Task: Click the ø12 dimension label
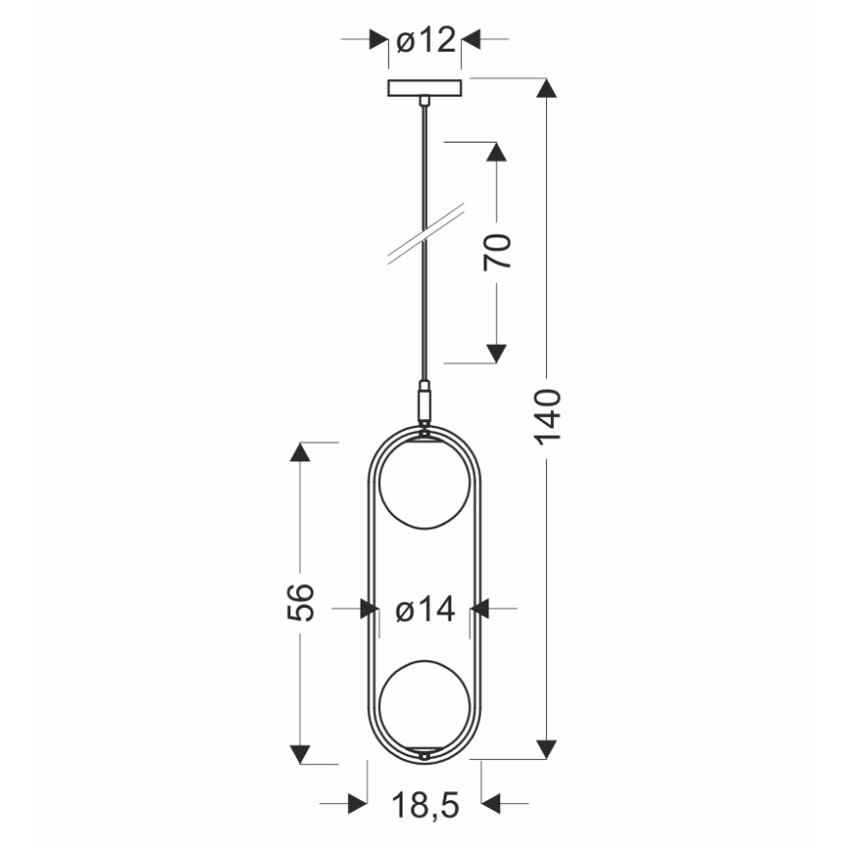pyautogui.click(x=426, y=40)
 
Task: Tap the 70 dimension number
pyautogui.click(x=497, y=252)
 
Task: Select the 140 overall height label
pyautogui.click(x=548, y=417)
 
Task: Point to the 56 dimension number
pyautogui.click(x=301, y=602)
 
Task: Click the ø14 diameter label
pyautogui.click(x=426, y=610)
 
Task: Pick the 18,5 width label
pyautogui.click(x=426, y=805)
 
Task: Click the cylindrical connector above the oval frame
pyautogui.click(x=424, y=402)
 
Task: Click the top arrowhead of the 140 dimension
pyautogui.click(x=548, y=88)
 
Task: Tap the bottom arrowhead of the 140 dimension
pyautogui.click(x=548, y=748)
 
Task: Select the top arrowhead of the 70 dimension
pyautogui.click(x=497, y=153)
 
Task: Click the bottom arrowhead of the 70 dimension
pyautogui.click(x=497, y=353)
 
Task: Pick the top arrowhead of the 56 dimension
pyautogui.click(x=301, y=452)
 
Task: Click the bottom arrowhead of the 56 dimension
pyautogui.click(x=301, y=753)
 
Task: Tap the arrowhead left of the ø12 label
pyautogui.click(x=377, y=40)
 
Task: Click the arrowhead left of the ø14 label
pyautogui.click(x=369, y=610)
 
